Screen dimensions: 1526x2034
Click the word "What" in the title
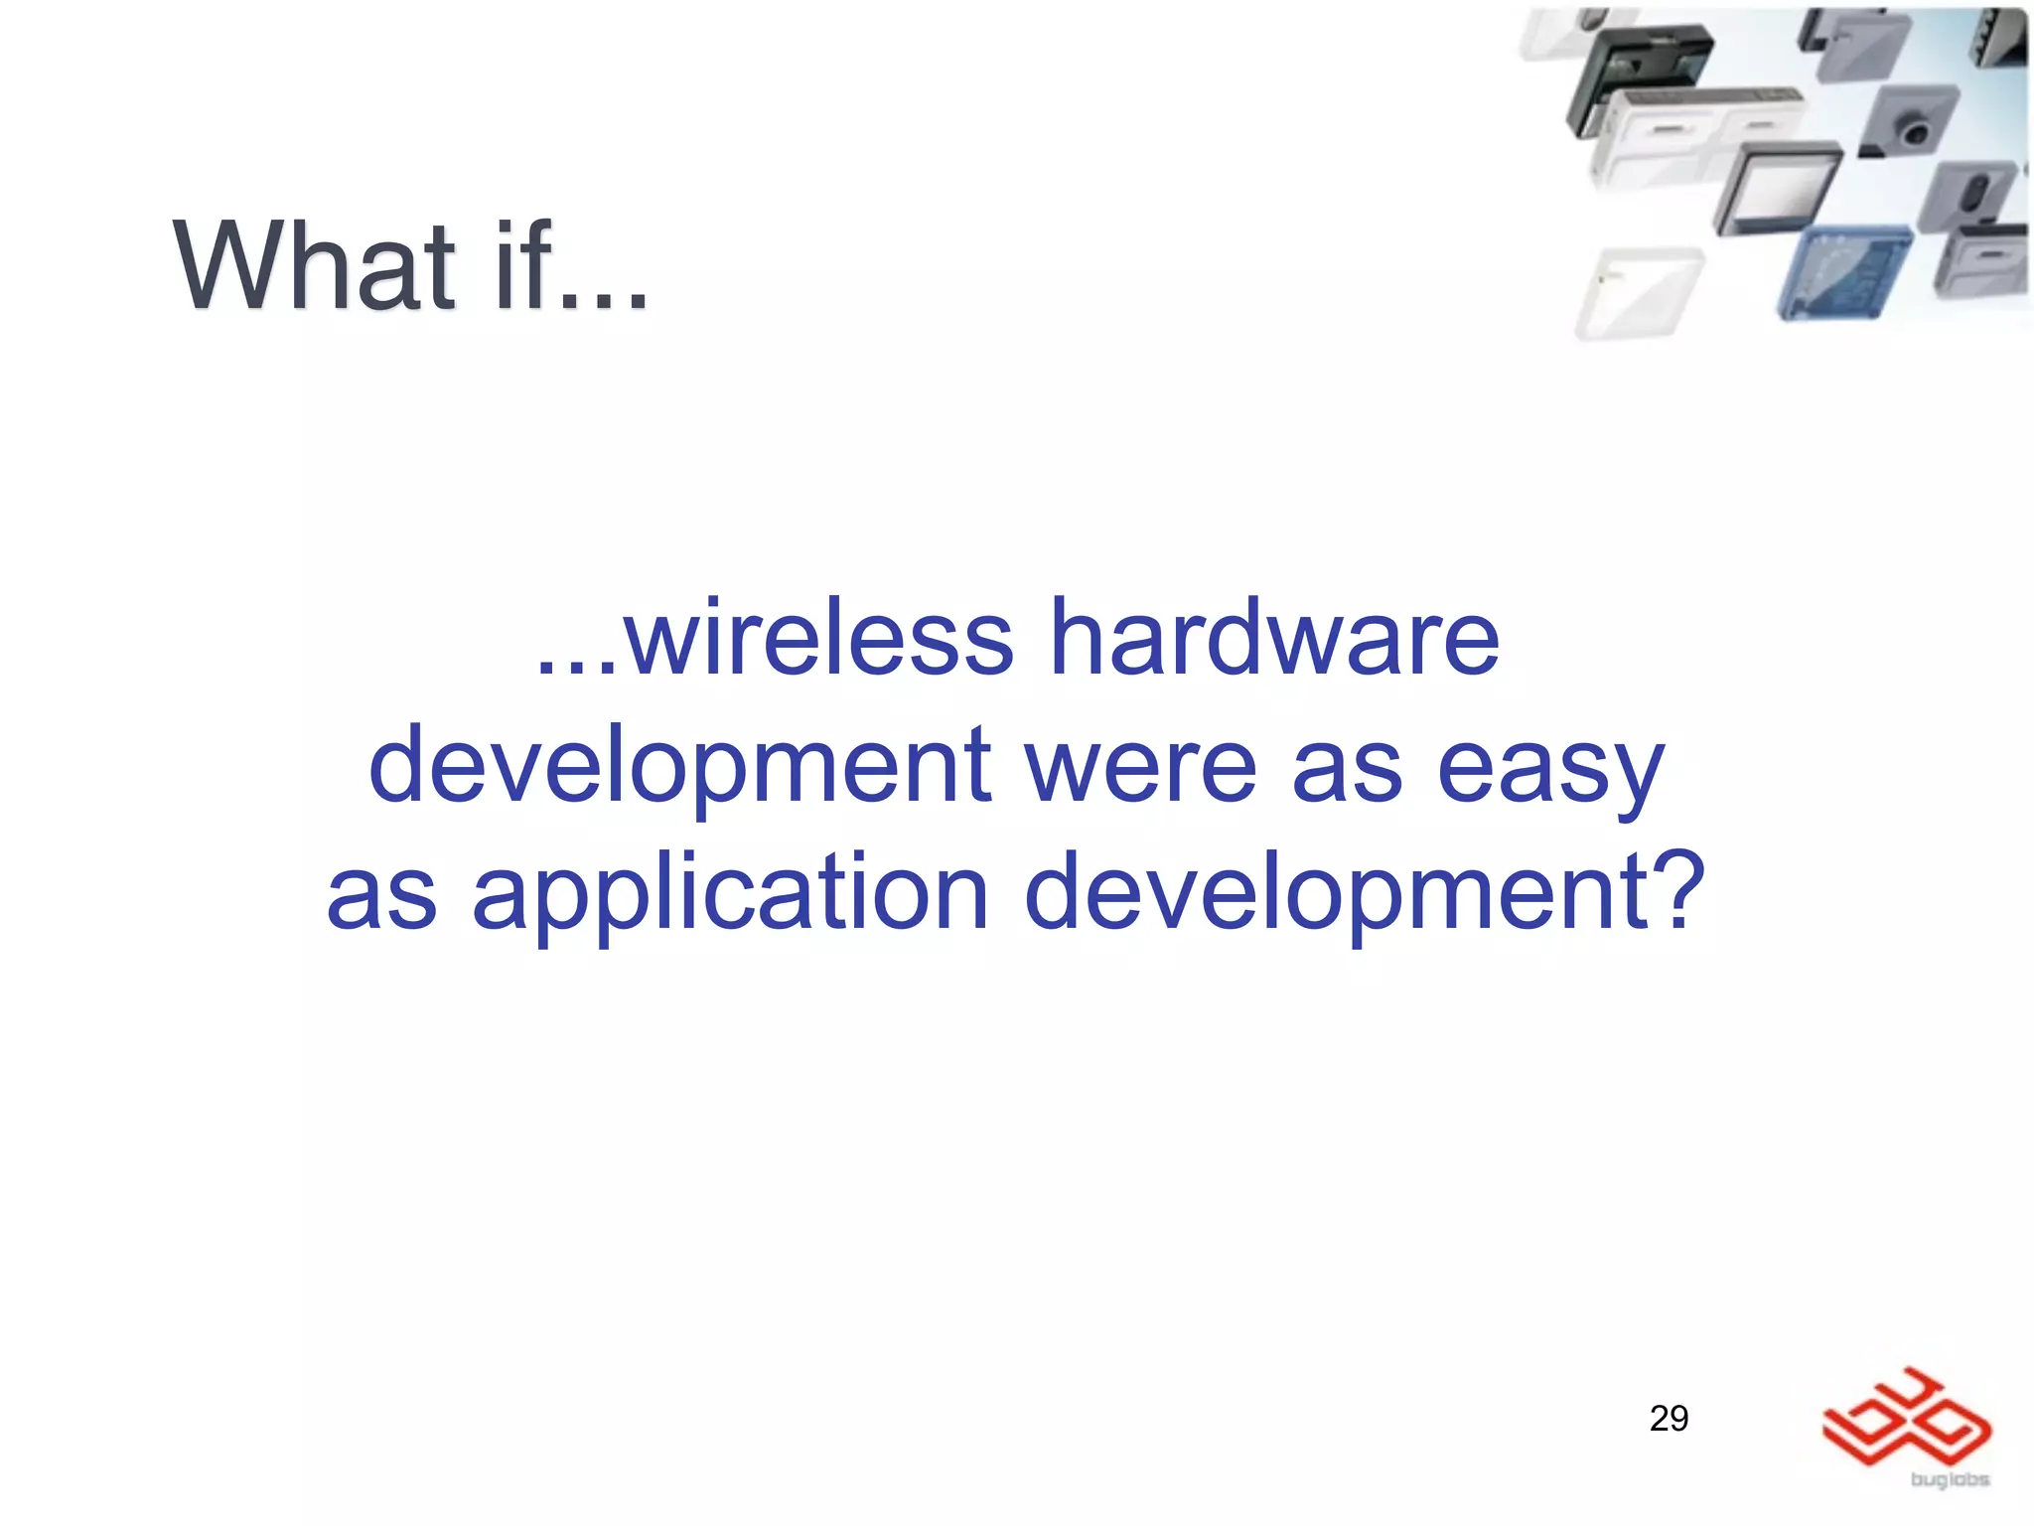click(315, 266)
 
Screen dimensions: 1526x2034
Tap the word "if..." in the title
click(571, 266)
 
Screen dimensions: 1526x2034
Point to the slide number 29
click(1669, 1418)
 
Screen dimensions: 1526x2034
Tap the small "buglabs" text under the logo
click(1950, 1480)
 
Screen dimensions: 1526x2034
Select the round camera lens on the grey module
click(1911, 129)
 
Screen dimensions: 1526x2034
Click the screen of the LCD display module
click(1782, 189)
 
